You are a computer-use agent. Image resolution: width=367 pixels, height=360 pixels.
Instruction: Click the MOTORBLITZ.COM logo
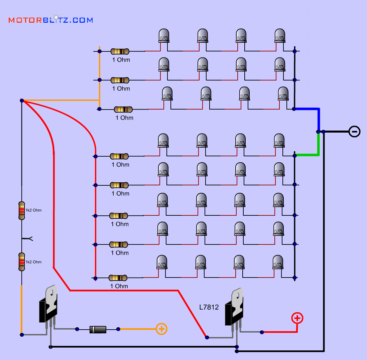click(x=50, y=20)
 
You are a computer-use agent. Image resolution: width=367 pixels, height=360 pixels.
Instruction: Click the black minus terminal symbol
click(x=354, y=131)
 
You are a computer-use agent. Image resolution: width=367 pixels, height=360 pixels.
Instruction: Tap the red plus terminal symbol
click(x=297, y=318)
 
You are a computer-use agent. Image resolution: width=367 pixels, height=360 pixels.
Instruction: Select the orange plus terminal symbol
click(x=161, y=329)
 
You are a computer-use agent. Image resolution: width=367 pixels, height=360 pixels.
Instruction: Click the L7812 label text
click(x=209, y=307)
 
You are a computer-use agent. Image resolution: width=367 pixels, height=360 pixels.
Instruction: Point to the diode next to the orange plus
click(x=98, y=329)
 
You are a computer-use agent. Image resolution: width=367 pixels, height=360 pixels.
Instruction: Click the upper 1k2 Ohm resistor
click(x=22, y=210)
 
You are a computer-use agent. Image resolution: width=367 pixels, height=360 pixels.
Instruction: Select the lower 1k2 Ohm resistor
click(x=22, y=262)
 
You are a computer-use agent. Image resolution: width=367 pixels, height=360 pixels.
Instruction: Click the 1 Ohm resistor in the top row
click(x=120, y=51)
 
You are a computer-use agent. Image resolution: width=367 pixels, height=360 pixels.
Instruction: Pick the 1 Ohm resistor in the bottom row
click(x=118, y=278)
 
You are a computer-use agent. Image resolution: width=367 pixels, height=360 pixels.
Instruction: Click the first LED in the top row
click(x=164, y=35)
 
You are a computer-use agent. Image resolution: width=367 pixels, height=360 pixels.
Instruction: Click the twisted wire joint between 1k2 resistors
click(x=27, y=238)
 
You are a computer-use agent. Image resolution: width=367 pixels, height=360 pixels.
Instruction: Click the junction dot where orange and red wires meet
click(x=22, y=100)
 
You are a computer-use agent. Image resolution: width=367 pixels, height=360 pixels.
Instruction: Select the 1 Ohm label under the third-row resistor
click(x=124, y=118)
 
